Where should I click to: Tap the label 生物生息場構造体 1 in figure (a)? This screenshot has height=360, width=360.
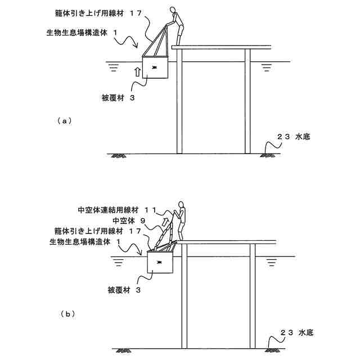(82, 34)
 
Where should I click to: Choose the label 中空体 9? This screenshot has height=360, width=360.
(130, 220)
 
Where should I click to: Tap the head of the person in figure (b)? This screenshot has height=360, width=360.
(181, 204)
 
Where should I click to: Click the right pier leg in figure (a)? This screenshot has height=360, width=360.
(247, 101)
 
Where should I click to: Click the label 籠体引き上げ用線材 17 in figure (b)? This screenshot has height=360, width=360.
(101, 231)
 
